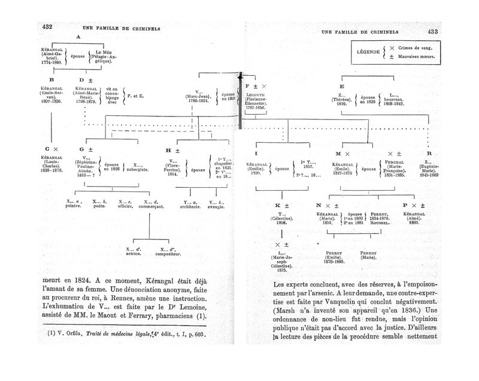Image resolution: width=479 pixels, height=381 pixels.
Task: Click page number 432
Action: coord(48,27)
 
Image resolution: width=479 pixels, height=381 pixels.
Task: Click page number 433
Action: coord(432,32)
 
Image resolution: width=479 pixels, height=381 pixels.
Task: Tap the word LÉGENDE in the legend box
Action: coord(368,52)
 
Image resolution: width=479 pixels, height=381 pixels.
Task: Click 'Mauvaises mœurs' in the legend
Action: coord(418,58)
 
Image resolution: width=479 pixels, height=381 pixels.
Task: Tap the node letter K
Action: coord(277,205)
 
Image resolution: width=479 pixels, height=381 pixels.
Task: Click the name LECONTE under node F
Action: coord(256,94)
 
